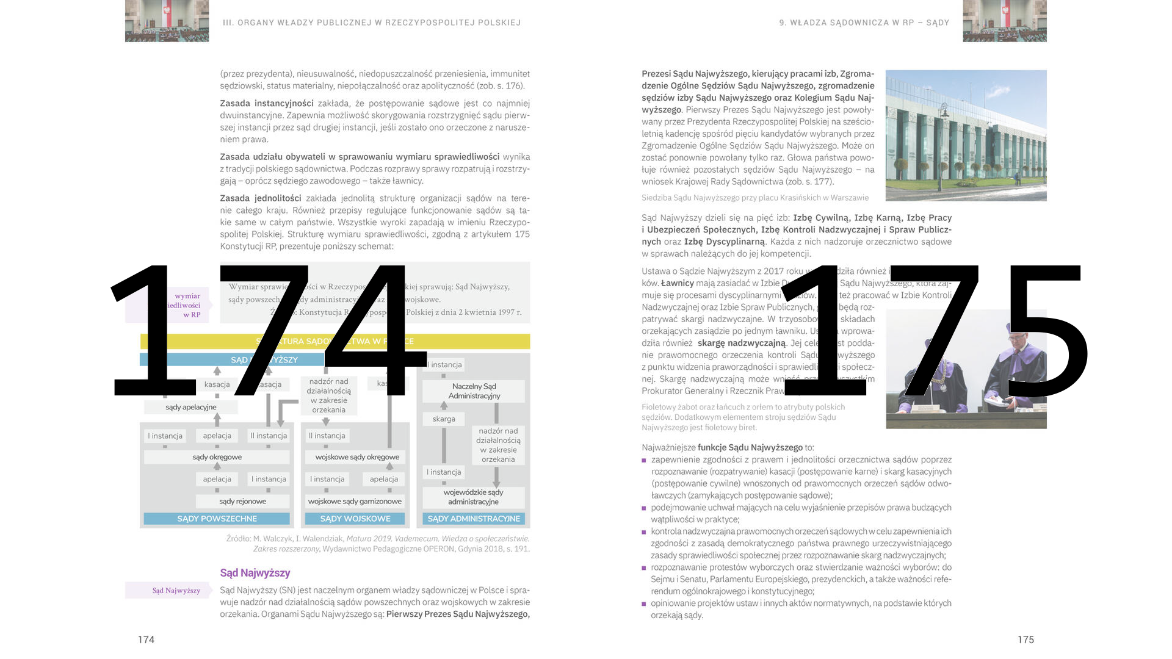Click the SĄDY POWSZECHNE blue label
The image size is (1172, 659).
217,519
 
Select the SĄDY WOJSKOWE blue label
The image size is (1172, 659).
355,519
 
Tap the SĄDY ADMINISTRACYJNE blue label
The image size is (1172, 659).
474,519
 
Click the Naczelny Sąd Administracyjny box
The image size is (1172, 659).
474,391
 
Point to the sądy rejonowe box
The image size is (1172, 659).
242,501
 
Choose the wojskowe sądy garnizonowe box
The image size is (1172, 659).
355,501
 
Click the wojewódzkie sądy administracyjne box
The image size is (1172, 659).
474,497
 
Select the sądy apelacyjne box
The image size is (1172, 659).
190,407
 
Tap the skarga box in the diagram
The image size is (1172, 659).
444,419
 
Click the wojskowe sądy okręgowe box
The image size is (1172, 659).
357,457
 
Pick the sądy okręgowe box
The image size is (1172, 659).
217,457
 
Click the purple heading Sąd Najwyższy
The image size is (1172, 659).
255,573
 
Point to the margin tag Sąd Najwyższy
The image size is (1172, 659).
176,590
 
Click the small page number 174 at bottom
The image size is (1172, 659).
146,639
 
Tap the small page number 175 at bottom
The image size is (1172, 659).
1025,639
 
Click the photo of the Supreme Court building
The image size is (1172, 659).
966,135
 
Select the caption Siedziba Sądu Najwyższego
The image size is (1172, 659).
754,198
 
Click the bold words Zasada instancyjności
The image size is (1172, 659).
267,104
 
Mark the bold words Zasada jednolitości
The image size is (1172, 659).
261,198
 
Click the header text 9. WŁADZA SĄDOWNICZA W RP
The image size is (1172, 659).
864,23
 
